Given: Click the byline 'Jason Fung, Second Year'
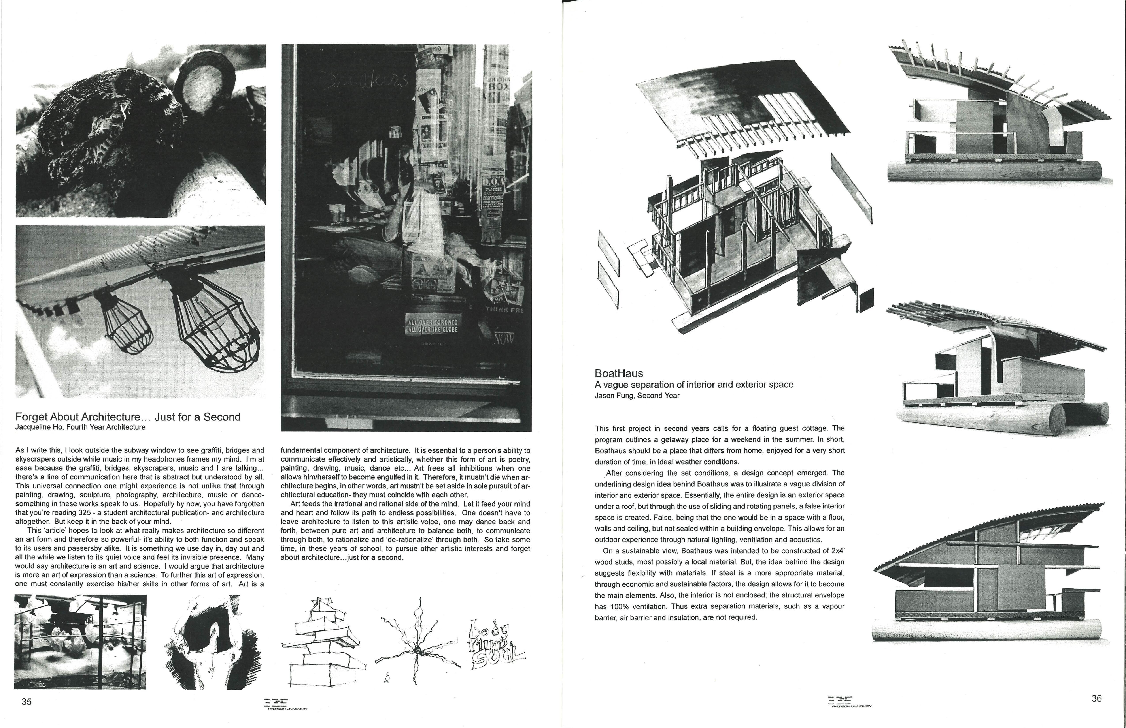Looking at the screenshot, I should [x=637, y=396].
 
